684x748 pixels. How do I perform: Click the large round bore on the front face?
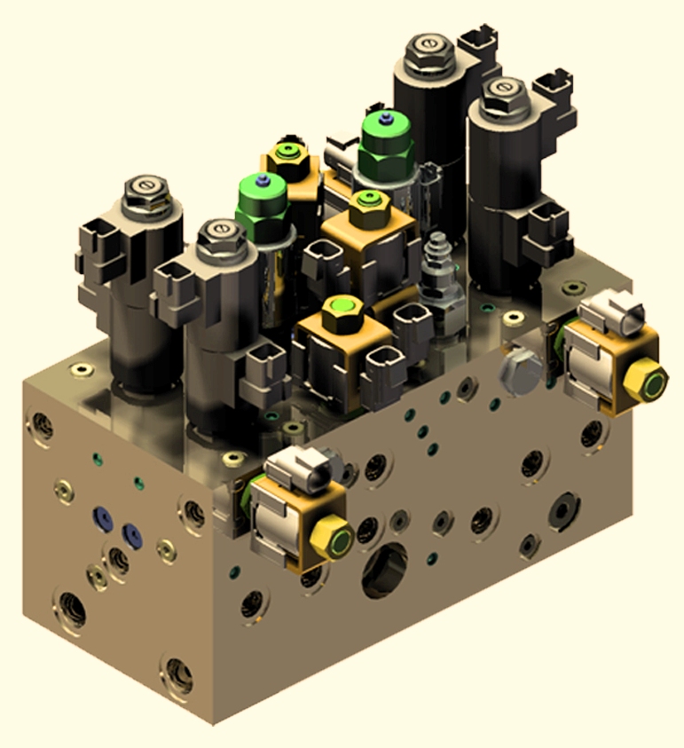click(384, 571)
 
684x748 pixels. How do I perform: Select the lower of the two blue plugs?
click(132, 533)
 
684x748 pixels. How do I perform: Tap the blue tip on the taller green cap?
click(383, 116)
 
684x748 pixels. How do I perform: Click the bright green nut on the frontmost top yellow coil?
click(340, 312)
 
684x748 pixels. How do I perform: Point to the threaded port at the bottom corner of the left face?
click(177, 675)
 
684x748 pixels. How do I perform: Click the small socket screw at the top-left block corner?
click(82, 368)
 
